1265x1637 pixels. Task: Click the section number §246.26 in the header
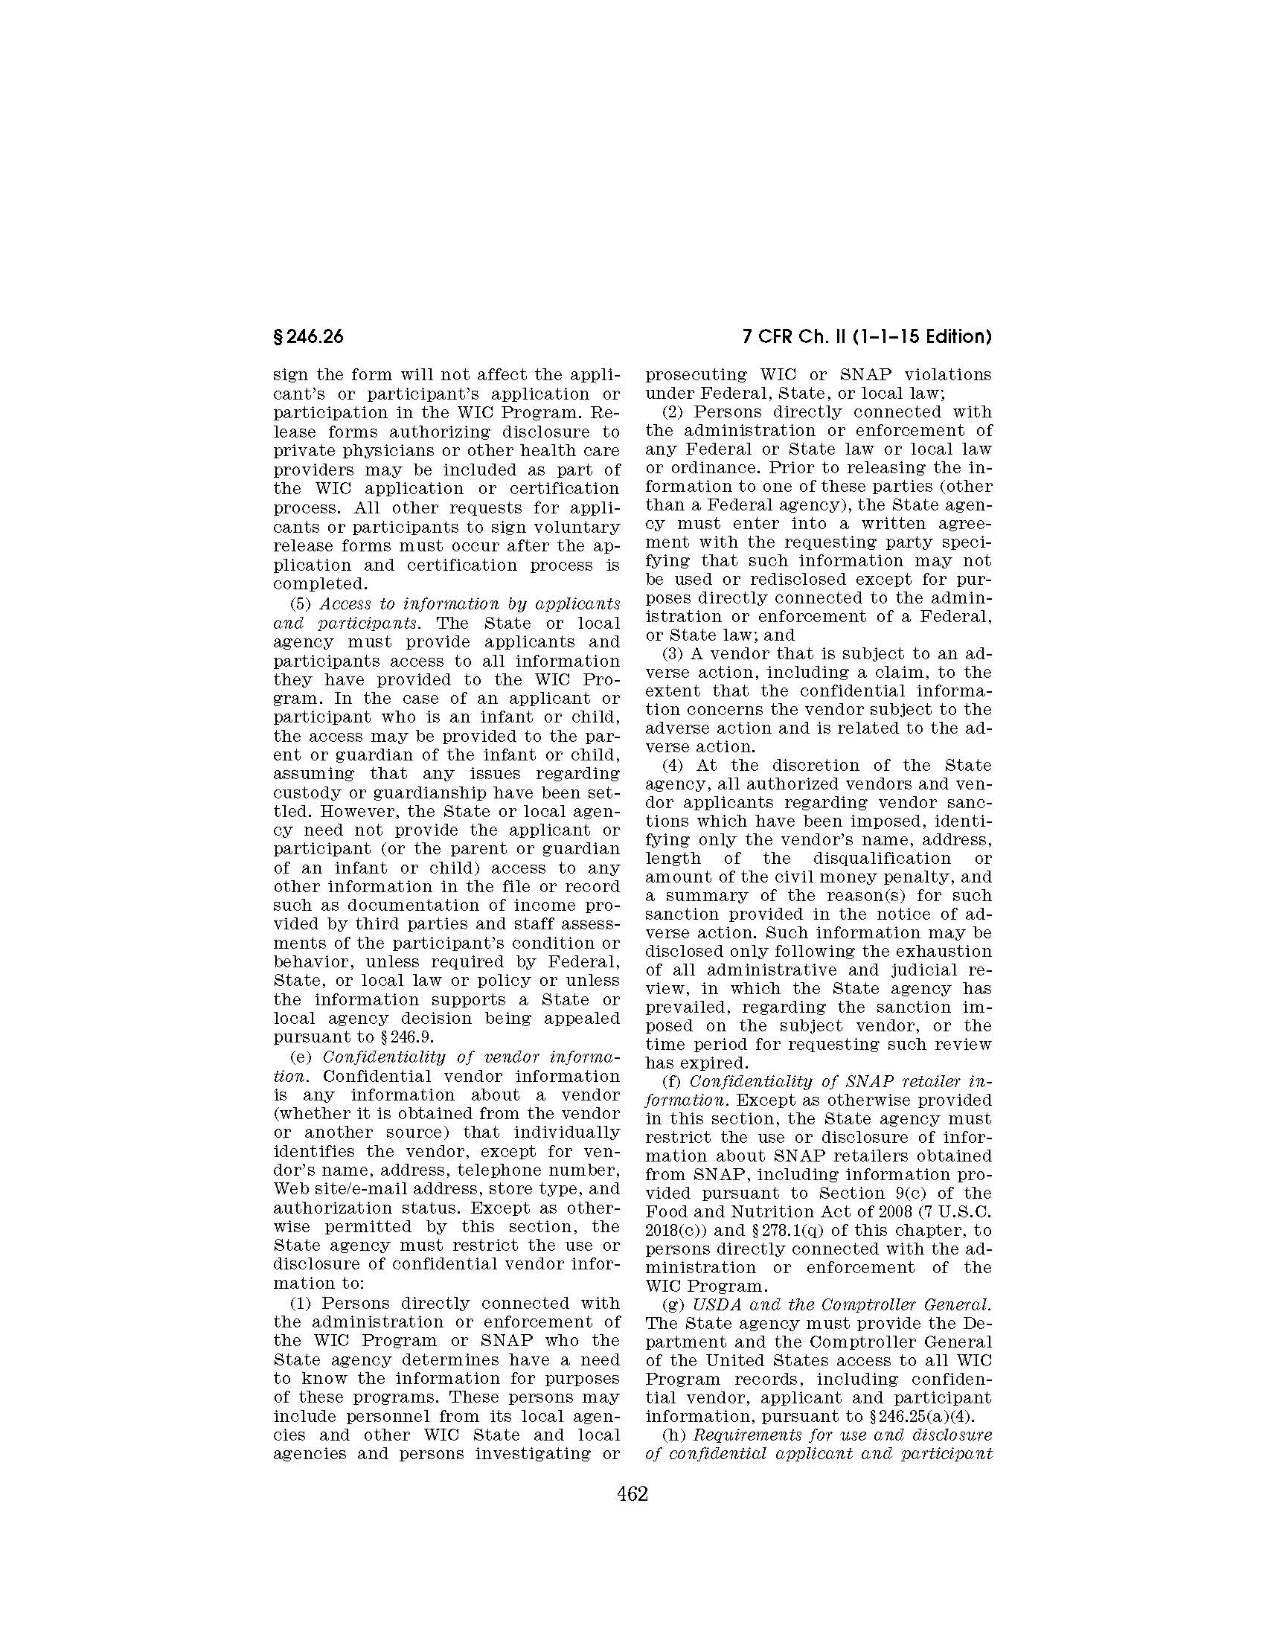click(308, 337)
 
